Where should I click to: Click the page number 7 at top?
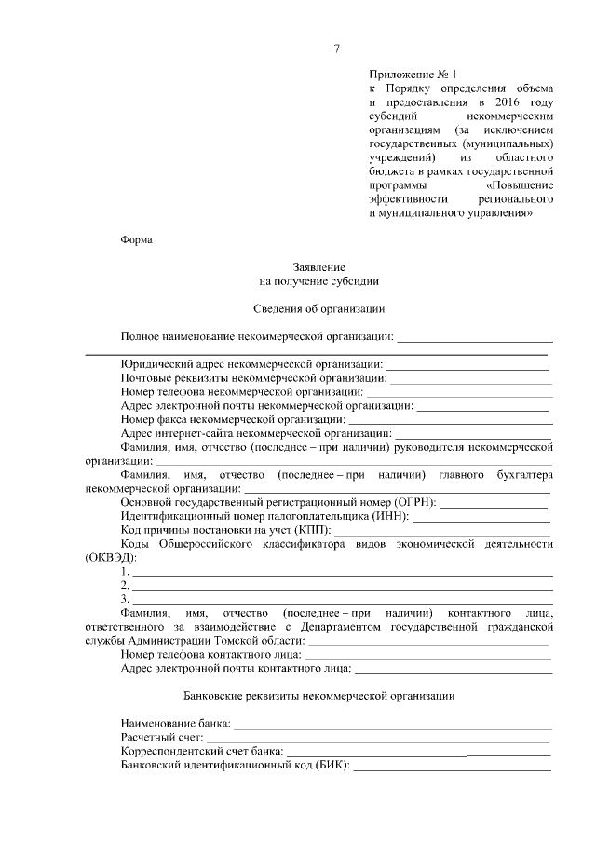pos(337,48)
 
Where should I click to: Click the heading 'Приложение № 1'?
pos(414,73)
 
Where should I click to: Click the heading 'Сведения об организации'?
pos(319,307)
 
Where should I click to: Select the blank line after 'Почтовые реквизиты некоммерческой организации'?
pos(470,379)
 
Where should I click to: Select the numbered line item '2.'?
pos(126,585)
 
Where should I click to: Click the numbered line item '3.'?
pos(126,599)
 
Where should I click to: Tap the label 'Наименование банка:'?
pos(176,724)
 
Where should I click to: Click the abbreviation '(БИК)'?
pos(332,766)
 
